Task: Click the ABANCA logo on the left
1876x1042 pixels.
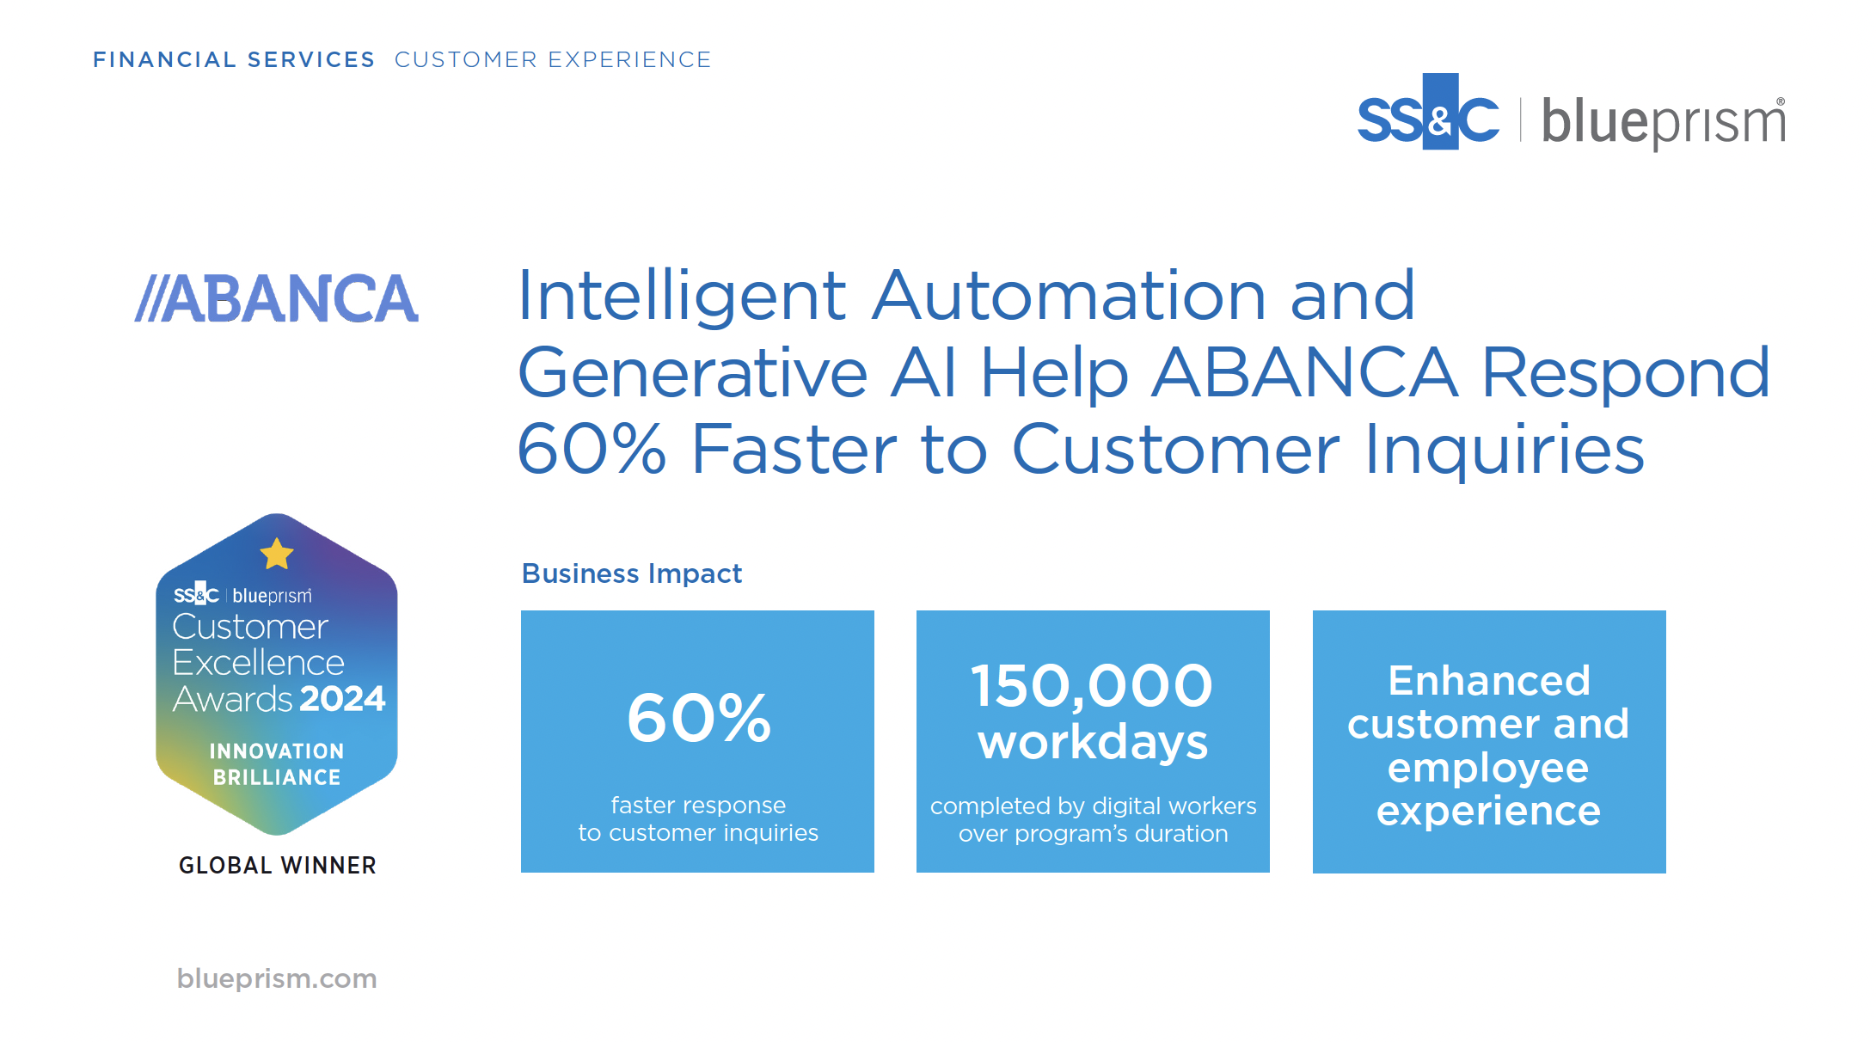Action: (277, 298)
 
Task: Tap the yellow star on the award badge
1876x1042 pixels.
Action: (277, 554)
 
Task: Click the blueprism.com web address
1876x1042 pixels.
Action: (277, 978)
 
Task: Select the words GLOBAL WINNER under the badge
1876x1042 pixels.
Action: (278, 865)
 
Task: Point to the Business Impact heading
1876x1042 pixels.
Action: (632, 573)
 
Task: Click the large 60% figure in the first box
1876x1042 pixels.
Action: (699, 718)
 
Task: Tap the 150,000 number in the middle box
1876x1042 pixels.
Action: (1092, 687)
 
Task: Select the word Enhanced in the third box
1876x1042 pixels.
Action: (1489, 681)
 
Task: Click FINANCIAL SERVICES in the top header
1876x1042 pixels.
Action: (234, 59)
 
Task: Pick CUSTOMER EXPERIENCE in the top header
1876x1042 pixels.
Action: (553, 59)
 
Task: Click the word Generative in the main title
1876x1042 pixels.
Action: (693, 374)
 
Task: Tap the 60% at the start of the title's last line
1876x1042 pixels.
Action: (592, 449)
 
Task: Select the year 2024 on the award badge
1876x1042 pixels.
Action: (342, 698)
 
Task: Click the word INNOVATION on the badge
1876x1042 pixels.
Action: (277, 751)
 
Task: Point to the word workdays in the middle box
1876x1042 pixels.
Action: (1093, 742)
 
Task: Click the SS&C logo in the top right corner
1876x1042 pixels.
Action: (1429, 113)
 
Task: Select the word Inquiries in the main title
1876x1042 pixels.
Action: (1505, 451)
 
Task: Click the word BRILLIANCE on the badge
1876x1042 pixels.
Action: (277, 777)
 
